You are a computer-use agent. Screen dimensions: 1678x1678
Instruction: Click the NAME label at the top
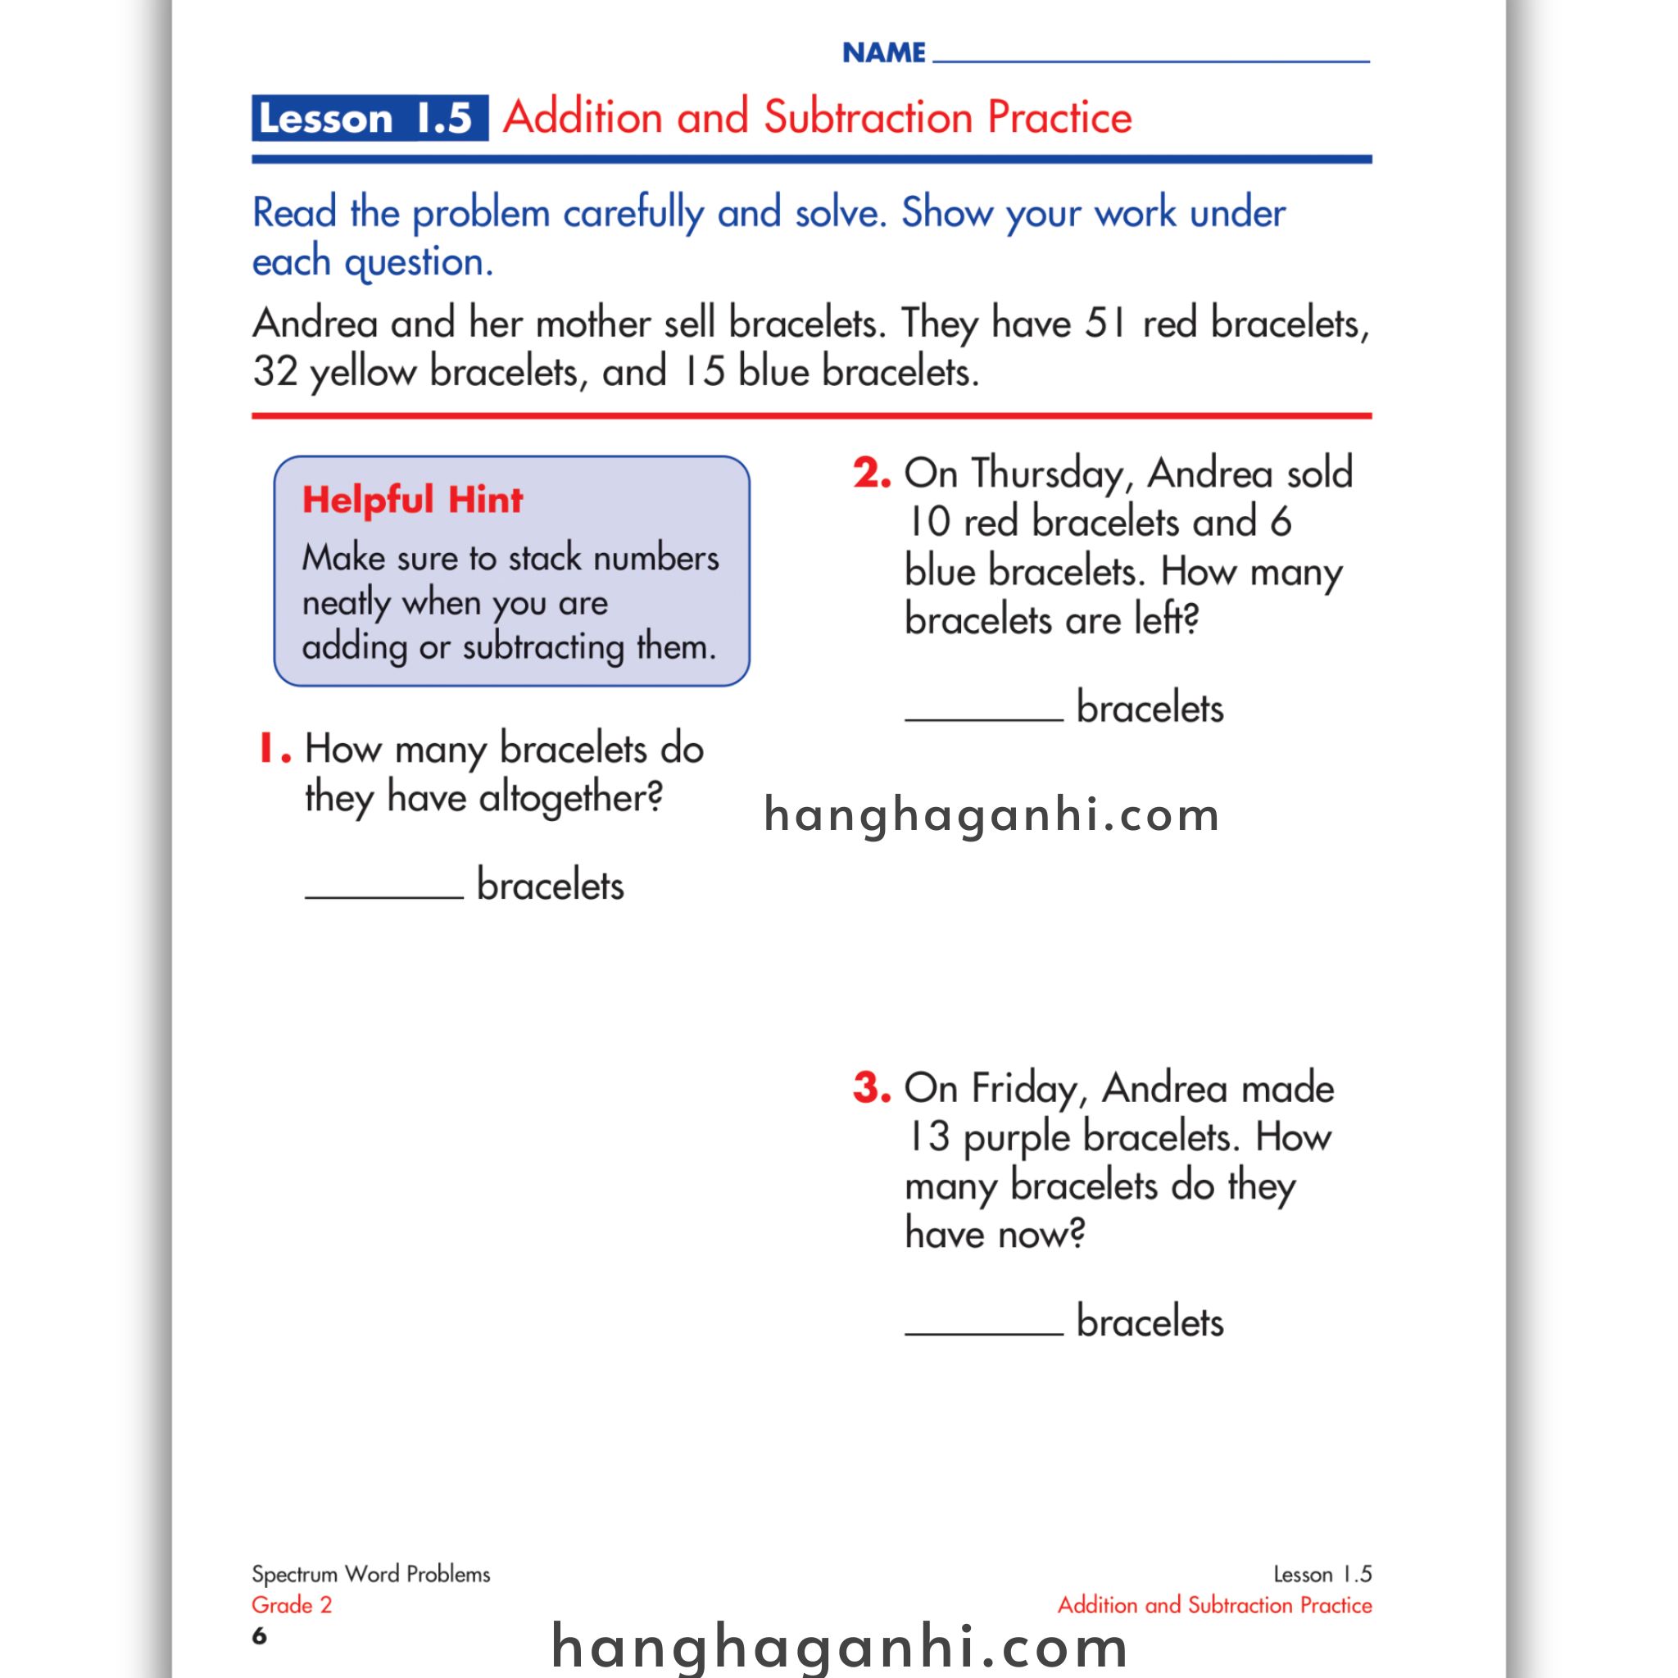click(884, 53)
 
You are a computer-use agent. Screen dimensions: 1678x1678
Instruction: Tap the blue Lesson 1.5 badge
click(370, 118)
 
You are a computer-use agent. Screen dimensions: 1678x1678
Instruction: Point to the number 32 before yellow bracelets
click(275, 372)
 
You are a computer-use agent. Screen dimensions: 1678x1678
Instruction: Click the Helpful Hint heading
click(413, 501)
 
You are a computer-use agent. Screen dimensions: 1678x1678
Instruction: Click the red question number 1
click(273, 749)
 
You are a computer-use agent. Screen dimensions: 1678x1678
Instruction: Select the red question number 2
click(871, 474)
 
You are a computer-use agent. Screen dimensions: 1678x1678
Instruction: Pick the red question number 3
click(871, 1087)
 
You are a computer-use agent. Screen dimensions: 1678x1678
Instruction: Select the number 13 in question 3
click(928, 1137)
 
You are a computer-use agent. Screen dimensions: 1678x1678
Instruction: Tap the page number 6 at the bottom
click(259, 1636)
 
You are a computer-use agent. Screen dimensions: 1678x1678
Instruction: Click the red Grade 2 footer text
click(292, 1605)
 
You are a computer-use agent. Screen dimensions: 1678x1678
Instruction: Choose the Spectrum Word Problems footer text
click(371, 1575)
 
